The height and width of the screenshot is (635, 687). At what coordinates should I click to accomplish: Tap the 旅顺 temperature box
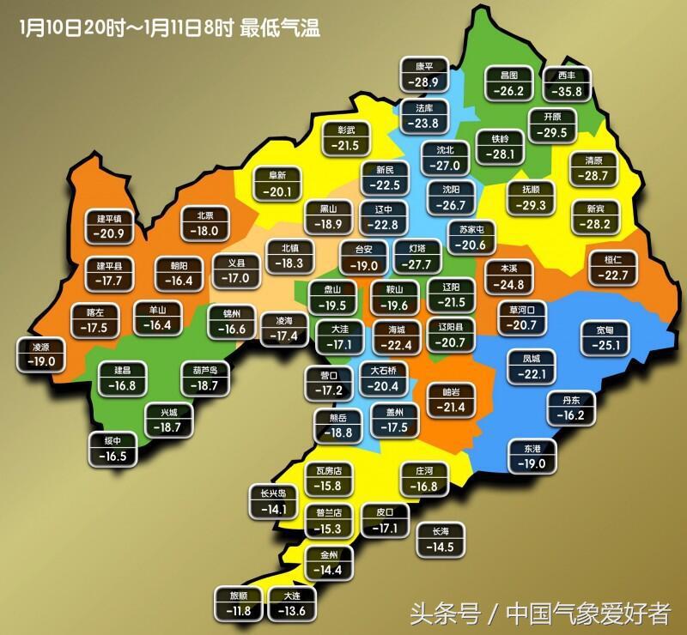(236, 603)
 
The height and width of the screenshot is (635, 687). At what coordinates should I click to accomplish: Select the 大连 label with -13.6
(287, 603)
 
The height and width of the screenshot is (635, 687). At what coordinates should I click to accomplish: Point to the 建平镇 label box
(109, 226)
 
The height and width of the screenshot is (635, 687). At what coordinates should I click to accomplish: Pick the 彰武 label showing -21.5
(347, 138)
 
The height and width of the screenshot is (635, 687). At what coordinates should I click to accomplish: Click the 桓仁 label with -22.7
(613, 267)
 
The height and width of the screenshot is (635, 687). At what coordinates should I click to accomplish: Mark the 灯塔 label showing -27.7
(417, 257)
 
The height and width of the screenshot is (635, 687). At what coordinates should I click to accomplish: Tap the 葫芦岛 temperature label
(205, 378)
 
